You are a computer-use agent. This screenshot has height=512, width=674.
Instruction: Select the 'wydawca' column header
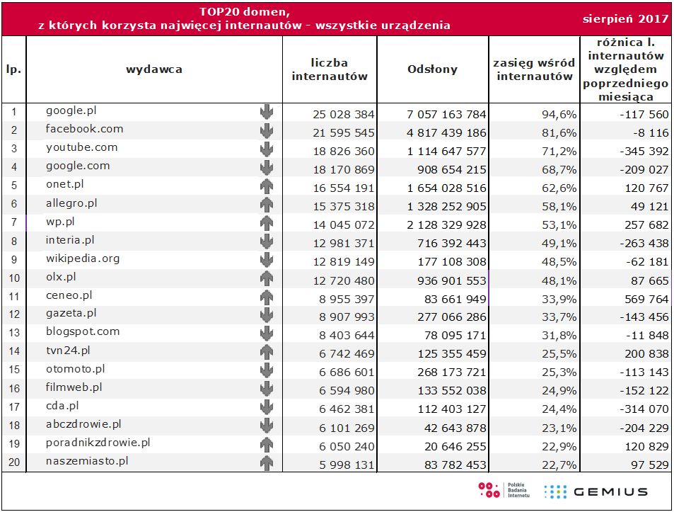click(154, 69)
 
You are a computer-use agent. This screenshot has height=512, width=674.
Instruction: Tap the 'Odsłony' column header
click(432, 69)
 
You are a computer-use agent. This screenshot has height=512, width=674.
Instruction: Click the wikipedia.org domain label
click(83, 258)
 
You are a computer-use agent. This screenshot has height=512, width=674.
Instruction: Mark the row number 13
click(13, 334)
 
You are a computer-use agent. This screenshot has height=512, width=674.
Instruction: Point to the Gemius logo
click(596, 491)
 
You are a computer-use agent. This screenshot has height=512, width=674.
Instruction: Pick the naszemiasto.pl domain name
click(87, 460)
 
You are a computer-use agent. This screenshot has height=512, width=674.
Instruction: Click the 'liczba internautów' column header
click(330, 69)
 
